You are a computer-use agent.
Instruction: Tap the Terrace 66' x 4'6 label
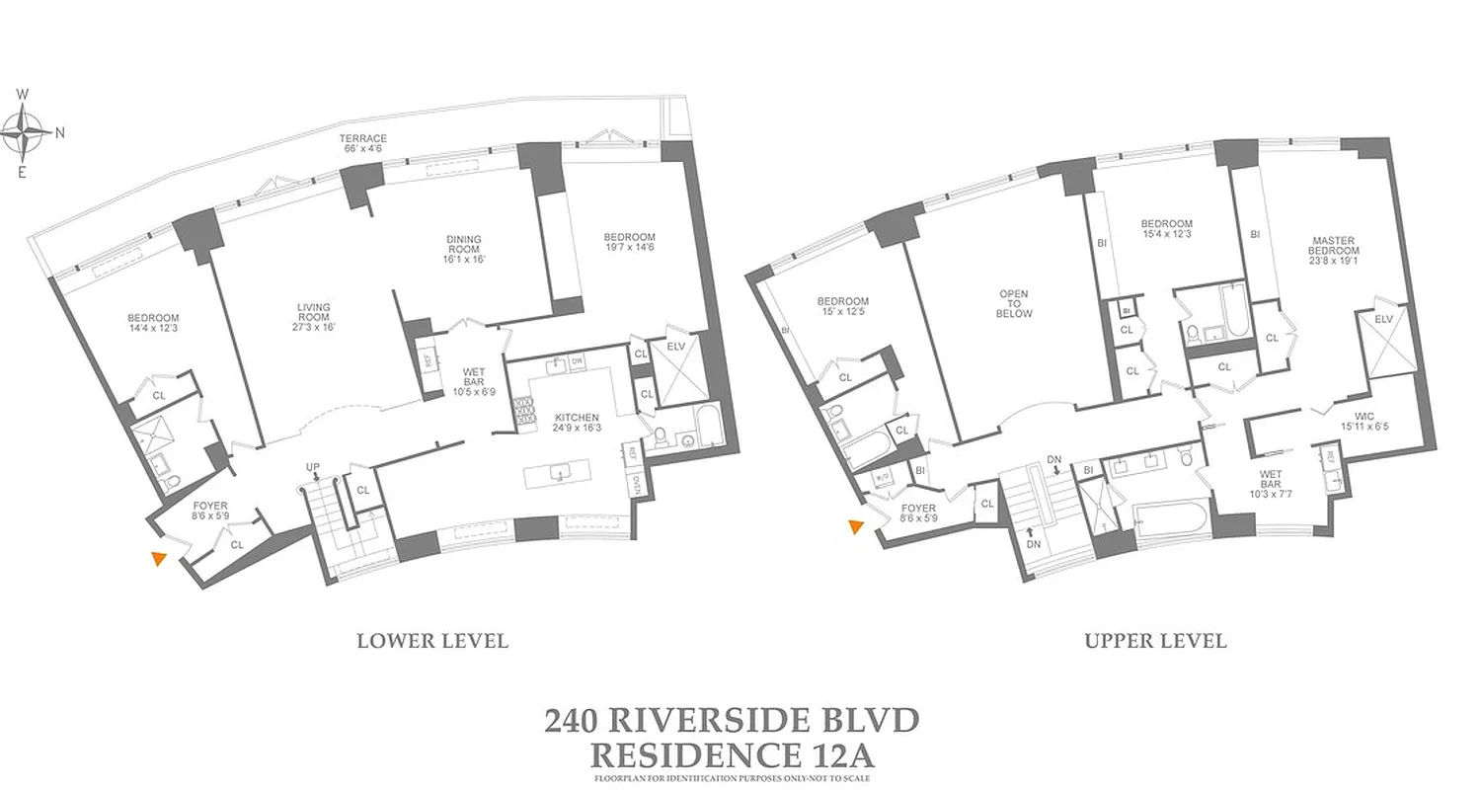click(363, 144)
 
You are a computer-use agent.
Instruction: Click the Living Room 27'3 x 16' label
click(313, 317)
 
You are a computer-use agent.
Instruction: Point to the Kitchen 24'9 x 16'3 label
click(577, 424)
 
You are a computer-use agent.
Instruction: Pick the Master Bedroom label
click(1334, 246)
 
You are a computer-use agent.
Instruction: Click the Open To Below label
click(1014, 303)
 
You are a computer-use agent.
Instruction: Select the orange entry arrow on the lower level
click(157, 559)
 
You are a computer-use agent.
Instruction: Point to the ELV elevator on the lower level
click(678, 368)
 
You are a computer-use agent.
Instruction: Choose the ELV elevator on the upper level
click(1383, 343)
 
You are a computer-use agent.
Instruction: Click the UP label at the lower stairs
click(313, 466)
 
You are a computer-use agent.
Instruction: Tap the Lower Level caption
click(432, 641)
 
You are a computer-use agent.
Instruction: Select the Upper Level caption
click(1155, 641)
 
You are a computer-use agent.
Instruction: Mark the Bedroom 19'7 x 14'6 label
click(629, 243)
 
